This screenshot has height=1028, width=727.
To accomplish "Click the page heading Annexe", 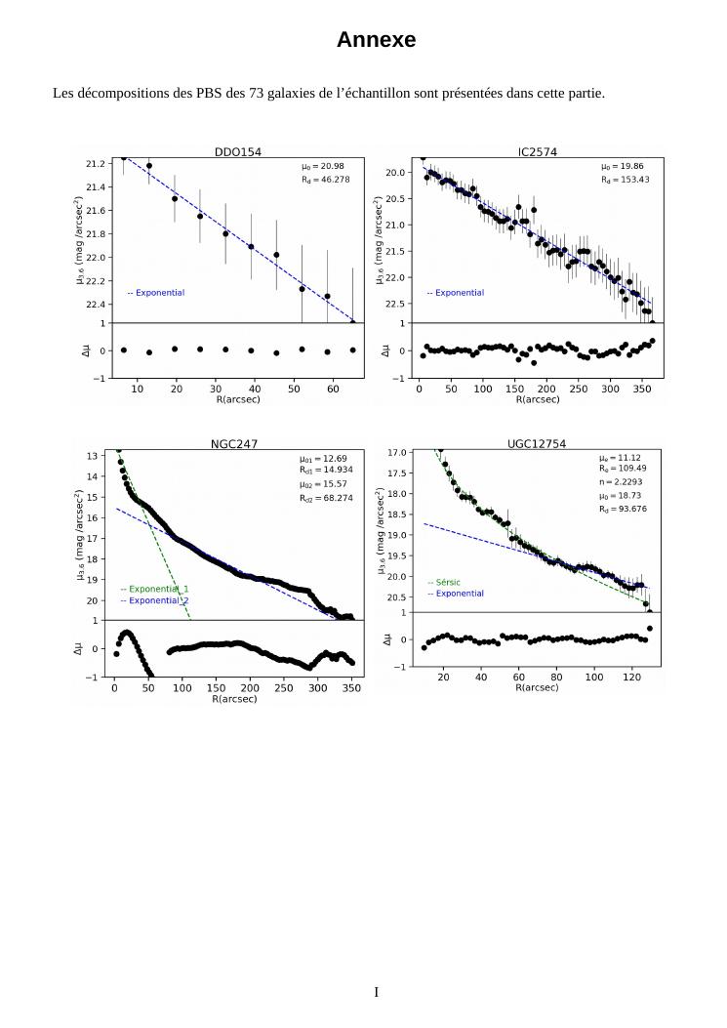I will (376, 40).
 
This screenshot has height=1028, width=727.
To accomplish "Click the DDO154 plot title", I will (238, 151).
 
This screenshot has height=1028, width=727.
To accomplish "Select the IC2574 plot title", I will (538, 151).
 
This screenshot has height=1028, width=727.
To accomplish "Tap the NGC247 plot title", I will (234, 444).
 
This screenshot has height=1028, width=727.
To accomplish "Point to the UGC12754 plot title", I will (537, 444).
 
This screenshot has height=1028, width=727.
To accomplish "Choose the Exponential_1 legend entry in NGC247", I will (154, 590).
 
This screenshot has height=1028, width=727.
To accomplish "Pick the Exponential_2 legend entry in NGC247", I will (154, 601).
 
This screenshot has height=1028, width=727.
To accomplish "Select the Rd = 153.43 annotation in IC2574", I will (625, 180).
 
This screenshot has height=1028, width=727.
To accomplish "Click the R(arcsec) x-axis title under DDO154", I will (237, 398).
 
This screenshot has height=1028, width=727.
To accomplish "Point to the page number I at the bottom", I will (377, 992).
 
